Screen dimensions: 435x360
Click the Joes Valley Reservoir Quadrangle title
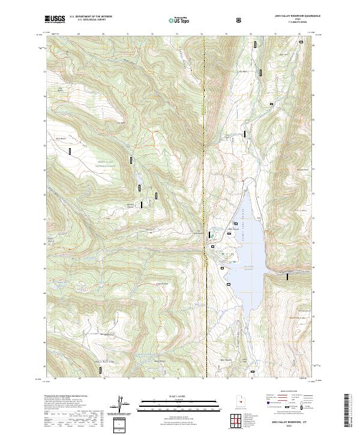point(295,17)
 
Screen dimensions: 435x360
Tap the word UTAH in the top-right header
point(295,20)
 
